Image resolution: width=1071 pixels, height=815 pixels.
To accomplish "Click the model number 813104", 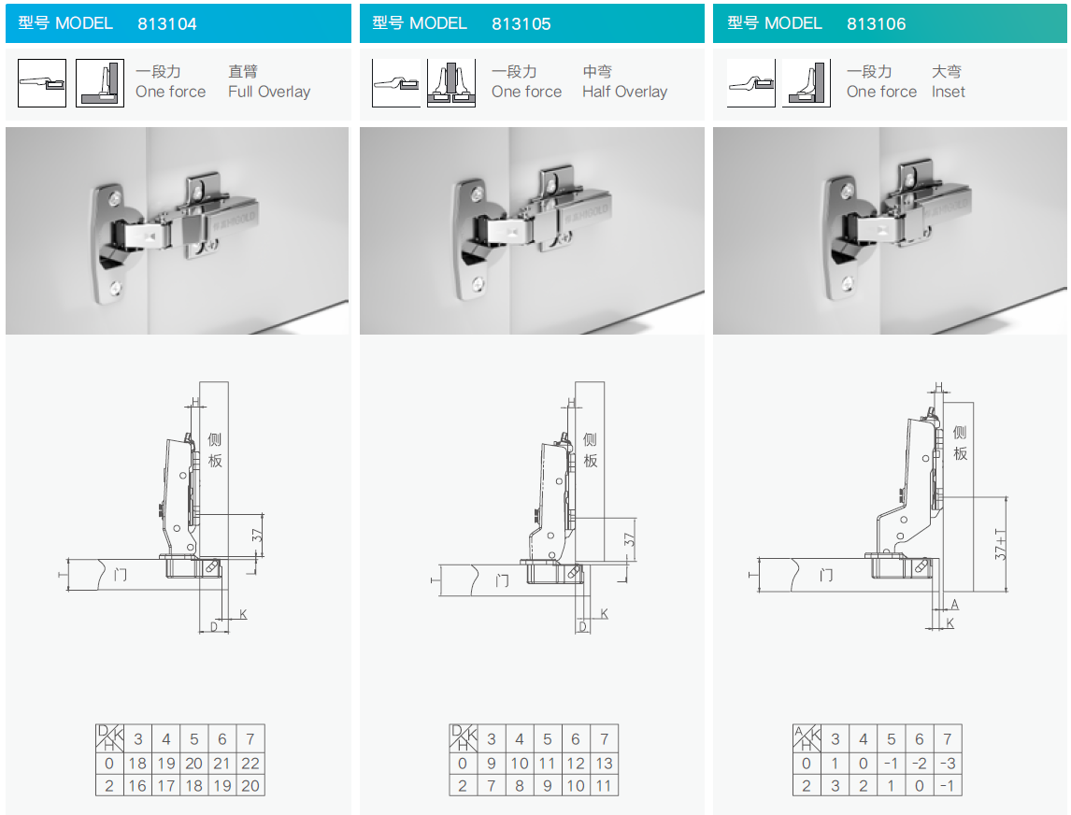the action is click(166, 24).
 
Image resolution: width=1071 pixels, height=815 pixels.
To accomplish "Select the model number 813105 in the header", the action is click(521, 24).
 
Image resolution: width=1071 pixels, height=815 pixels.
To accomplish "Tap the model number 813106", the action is click(877, 24).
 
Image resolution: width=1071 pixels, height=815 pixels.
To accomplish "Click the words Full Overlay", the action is click(269, 92).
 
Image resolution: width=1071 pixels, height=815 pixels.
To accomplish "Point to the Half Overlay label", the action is click(625, 92).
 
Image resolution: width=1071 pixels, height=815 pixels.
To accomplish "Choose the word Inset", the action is click(948, 92).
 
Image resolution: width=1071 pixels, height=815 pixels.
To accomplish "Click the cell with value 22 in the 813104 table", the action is click(250, 763).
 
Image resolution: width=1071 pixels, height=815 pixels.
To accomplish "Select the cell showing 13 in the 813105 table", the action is click(604, 763).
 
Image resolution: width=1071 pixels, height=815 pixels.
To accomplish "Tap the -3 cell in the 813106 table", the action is click(948, 763).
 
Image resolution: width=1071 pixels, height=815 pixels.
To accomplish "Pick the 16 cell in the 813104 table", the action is click(137, 786).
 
